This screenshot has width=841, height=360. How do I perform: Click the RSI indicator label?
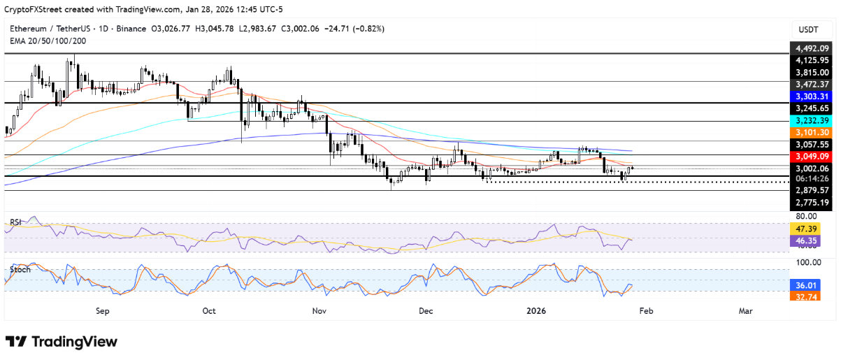[x=15, y=222]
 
